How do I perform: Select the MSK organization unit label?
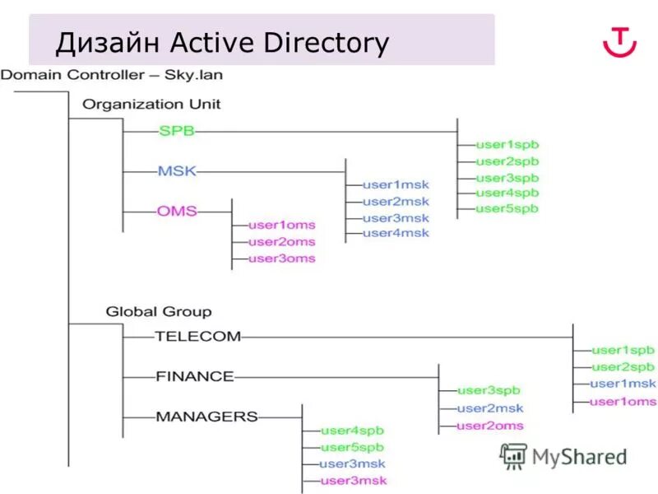click(177, 171)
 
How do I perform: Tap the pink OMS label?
click(177, 212)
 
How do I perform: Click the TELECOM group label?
click(197, 336)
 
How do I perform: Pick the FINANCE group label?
click(194, 376)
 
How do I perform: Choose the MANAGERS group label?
click(206, 417)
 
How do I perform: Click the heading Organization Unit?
click(151, 105)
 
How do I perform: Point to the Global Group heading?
click(158, 311)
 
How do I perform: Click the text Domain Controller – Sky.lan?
click(111, 75)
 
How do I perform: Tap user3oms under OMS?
click(281, 259)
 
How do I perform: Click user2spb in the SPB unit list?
click(507, 161)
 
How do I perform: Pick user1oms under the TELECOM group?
click(623, 402)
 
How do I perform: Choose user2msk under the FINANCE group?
click(490, 408)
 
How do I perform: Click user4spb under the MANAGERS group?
click(352, 431)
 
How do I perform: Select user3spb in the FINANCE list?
click(489, 391)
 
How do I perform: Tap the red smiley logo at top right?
click(619, 41)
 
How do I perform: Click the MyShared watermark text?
click(579, 456)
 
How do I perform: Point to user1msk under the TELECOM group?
click(623, 384)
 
